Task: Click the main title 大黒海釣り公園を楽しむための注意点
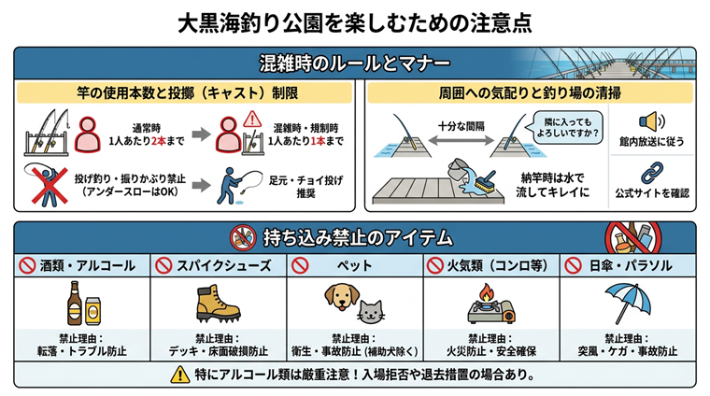(x=355, y=22)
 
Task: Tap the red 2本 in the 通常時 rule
(x=159, y=141)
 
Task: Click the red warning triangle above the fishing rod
(x=252, y=120)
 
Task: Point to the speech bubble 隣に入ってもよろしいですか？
(x=567, y=128)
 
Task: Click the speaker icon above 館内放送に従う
(x=651, y=121)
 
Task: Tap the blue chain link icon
(x=652, y=174)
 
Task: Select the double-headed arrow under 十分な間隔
(x=461, y=141)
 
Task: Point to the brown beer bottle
(x=74, y=304)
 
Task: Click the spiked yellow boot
(x=218, y=304)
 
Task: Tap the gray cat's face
(x=371, y=312)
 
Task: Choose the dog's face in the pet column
(x=342, y=297)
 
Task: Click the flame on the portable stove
(x=487, y=292)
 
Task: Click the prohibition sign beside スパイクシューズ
(x=163, y=265)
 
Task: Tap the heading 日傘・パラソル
(x=631, y=265)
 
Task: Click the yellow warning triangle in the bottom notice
(x=179, y=375)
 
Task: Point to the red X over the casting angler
(x=50, y=186)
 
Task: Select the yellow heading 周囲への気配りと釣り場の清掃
(x=530, y=93)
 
